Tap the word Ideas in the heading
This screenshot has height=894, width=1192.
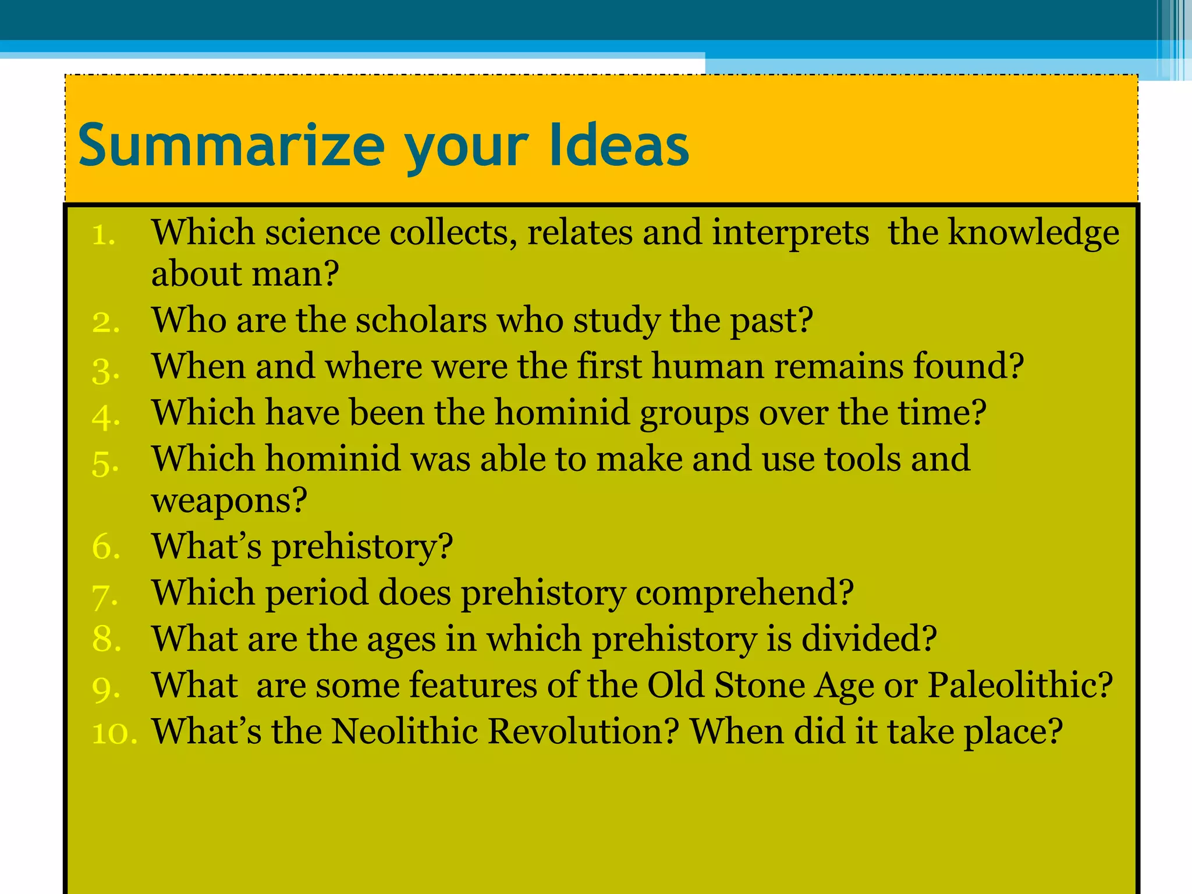(x=618, y=146)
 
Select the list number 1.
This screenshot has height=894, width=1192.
(x=104, y=235)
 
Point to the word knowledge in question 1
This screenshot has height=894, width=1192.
(x=1033, y=233)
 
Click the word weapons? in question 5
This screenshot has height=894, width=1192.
(x=229, y=501)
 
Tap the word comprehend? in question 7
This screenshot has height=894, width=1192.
(x=744, y=593)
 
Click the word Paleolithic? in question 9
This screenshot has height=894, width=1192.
(x=1019, y=685)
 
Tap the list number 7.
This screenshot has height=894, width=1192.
(x=105, y=596)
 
